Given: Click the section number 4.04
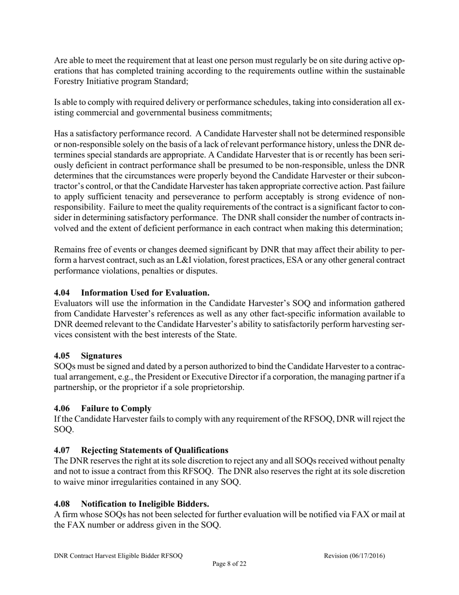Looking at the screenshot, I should point(62,293).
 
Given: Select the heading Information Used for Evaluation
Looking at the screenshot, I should point(145,293).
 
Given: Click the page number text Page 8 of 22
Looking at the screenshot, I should point(229,564).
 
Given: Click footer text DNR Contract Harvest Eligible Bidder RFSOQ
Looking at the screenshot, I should point(118,556).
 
